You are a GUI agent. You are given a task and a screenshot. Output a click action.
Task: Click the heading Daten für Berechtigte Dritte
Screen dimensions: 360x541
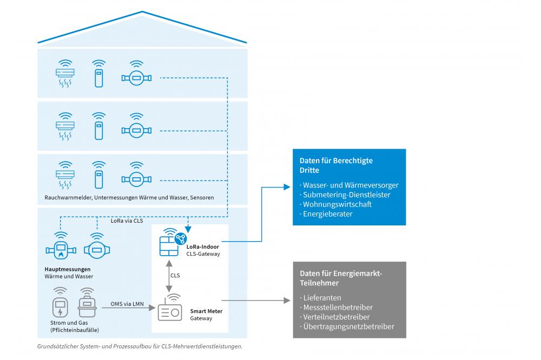336,165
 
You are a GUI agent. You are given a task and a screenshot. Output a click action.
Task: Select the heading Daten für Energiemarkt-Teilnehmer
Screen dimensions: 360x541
341,278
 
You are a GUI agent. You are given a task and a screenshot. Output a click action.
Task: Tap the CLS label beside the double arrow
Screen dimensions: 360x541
175,275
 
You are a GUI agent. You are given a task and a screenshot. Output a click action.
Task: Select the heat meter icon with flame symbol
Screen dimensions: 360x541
60,250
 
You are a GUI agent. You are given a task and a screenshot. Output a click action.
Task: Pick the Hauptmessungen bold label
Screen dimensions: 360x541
67,269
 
